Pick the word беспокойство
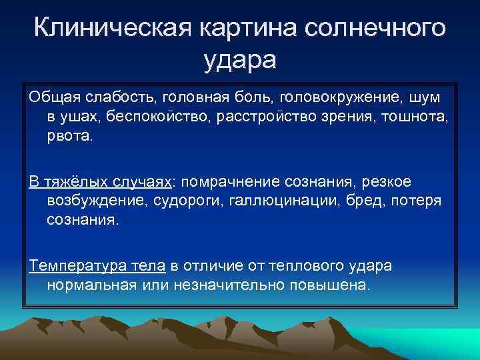157,118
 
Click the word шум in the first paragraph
425,98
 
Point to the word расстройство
275,118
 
